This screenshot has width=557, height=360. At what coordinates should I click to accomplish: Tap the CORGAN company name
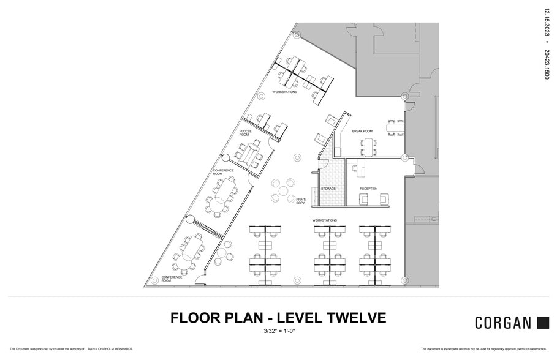click(x=503, y=323)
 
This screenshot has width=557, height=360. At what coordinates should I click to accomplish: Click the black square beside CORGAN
click(x=543, y=323)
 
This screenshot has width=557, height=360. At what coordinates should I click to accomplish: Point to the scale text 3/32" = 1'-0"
click(x=278, y=332)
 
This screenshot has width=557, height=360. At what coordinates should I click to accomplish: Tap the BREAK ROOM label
click(x=362, y=131)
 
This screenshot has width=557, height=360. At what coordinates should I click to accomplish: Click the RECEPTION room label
click(x=369, y=189)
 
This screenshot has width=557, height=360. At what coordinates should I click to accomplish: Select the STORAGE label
click(x=328, y=189)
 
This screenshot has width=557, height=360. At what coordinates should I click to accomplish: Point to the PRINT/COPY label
click(x=301, y=201)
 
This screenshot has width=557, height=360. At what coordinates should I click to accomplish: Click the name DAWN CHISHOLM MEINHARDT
click(x=110, y=349)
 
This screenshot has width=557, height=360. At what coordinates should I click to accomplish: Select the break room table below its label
click(x=368, y=146)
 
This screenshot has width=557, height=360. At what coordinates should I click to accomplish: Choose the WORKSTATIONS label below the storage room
click(x=325, y=220)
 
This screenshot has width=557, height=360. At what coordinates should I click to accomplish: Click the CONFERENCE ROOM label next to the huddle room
click(x=223, y=172)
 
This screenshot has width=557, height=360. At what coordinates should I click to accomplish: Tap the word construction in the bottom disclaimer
click(x=532, y=349)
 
